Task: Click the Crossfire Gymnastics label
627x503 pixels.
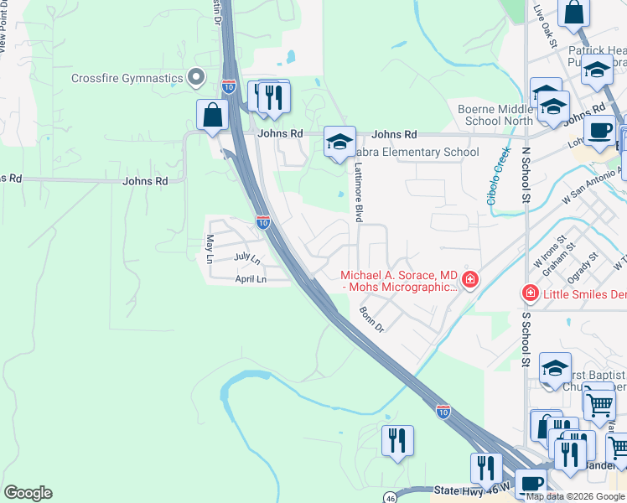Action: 127,78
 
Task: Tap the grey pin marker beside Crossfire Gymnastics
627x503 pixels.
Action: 197,78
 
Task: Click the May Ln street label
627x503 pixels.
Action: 210,248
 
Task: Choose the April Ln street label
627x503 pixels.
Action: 250,278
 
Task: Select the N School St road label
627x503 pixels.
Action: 526,177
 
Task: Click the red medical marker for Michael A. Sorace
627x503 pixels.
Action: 470,278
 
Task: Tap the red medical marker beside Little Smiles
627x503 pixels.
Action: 529,293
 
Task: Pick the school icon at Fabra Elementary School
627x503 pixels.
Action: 339,143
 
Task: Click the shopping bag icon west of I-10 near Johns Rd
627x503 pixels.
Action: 212,115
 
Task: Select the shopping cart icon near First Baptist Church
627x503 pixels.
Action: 598,403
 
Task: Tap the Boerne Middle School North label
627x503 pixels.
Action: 495,115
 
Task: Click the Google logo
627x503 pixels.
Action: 28,493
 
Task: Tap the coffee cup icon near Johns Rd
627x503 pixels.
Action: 600,131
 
